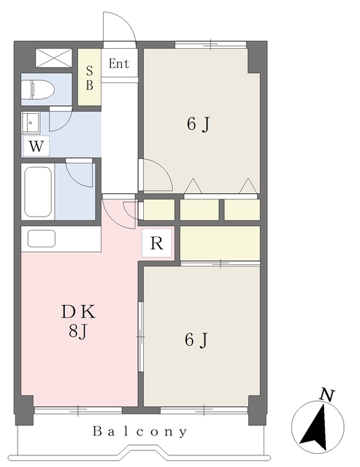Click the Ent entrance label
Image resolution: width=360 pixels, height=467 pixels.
118,63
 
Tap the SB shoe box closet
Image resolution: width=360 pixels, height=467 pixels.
89,77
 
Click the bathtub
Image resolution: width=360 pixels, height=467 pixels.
38,192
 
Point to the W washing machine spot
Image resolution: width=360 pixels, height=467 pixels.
36,146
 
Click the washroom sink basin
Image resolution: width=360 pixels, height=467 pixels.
31,123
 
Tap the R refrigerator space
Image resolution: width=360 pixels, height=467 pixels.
157,243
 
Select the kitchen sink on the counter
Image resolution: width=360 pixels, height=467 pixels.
42,239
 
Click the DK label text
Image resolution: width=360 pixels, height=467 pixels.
78,312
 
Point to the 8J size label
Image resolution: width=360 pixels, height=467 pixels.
78,331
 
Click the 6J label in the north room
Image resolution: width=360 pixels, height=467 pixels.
199,123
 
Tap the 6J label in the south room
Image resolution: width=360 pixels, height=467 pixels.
196,340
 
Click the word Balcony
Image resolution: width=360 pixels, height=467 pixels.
139,431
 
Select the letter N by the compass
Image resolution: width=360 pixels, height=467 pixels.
327,395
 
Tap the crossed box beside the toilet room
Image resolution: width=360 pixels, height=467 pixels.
54,58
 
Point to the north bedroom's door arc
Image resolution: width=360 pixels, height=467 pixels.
164,170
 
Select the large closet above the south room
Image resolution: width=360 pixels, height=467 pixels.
221,243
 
